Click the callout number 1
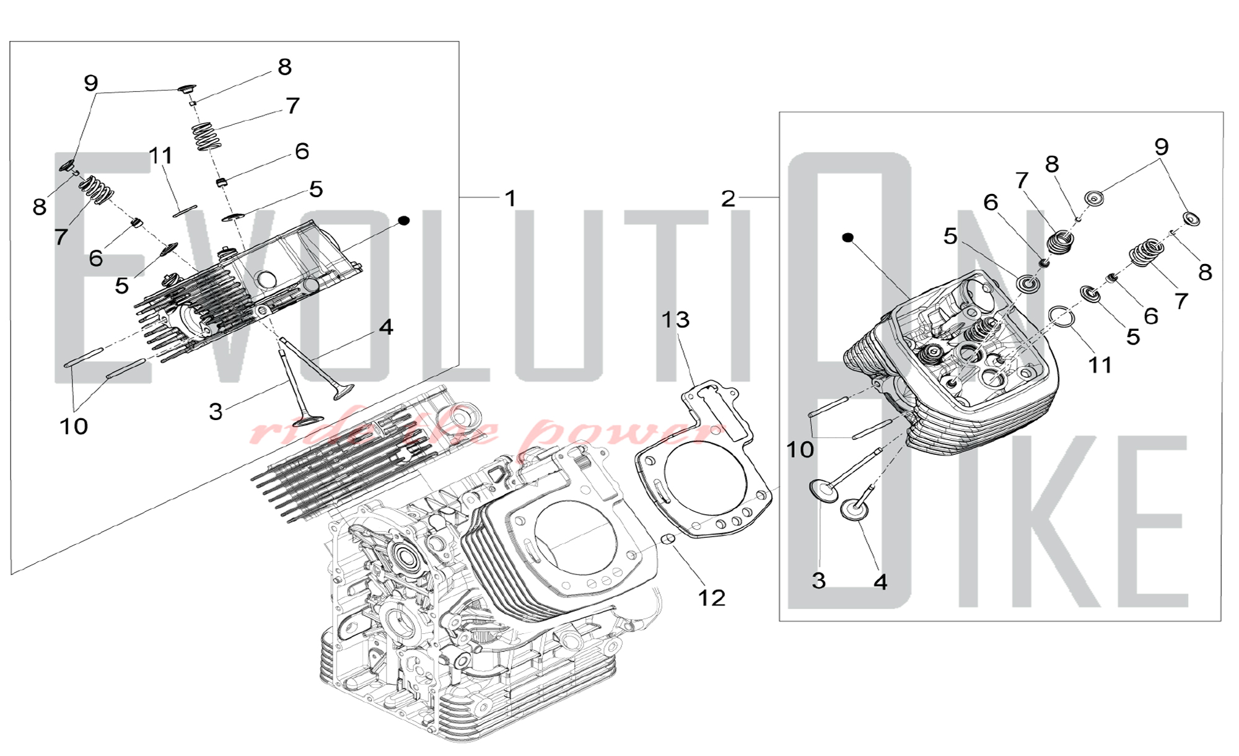[x=510, y=199]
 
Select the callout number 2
[x=728, y=199]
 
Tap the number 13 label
[x=675, y=320]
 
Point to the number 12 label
[x=711, y=598]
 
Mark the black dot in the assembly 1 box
[x=404, y=221]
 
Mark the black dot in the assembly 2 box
[x=848, y=237]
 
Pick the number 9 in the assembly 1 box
[x=90, y=83]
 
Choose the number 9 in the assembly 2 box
[x=1161, y=147]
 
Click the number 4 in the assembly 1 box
[x=386, y=327]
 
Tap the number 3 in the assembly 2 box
[x=818, y=581]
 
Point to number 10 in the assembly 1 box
[x=74, y=426]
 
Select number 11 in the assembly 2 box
[x=1100, y=365]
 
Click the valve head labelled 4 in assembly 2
[x=855, y=511]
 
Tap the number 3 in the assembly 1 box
[x=215, y=411]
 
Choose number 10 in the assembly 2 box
[x=800, y=449]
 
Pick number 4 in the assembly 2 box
[x=880, y=582]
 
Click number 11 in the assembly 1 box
[x=161, y=156]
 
